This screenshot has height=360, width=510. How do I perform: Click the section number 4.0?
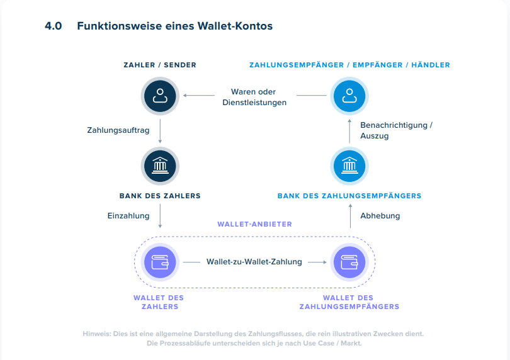(x=53, y=26)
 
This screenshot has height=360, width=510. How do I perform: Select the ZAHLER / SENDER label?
(x=160, y=65)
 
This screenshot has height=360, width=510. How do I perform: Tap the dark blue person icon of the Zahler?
(x=160, y=96)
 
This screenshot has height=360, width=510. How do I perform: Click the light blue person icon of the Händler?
(x=349, y=96)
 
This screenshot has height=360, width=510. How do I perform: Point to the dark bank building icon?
(x=160, y=166)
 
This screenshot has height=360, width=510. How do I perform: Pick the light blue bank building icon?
(x=349, y=166)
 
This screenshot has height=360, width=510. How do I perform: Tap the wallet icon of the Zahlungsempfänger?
(x=349, y=262)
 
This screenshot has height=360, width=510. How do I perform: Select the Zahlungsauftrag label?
(x=118, y=130)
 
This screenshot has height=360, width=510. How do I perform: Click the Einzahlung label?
(x=128, y=215)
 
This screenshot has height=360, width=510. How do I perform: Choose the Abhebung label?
(x=380, y=215)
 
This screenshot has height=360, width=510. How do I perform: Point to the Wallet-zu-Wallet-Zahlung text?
(x=254, y=262)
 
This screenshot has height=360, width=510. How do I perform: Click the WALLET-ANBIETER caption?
(x=254, y=224)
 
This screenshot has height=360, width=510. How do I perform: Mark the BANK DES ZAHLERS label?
(x=160, y=196)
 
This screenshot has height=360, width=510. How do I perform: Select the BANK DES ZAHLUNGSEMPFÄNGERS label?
(x=349, y=196)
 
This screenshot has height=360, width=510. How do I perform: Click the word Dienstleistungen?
(x=254, y=102)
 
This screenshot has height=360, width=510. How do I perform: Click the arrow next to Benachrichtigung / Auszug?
(x=349, y=130)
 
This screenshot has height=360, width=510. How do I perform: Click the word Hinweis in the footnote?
(x=97, y=334)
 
